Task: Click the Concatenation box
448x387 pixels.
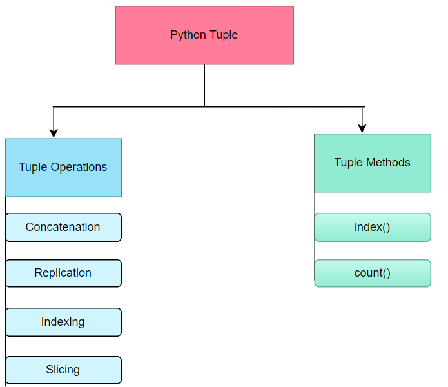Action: tap(63, 227)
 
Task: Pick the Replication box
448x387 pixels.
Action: tap(63, 273)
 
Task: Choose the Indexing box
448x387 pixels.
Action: tap(63, 322)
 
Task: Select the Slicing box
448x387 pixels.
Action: tap(63, 370)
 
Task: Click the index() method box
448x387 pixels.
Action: tap(373, 227)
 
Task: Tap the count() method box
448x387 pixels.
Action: tap(373, 273)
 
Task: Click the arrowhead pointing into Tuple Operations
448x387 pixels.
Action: tap(54, 132)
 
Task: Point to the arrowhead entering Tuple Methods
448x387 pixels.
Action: tap(362, 128)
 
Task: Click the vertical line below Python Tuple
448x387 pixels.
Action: tap(204, 85)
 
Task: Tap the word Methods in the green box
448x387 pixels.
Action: tap(389, 163)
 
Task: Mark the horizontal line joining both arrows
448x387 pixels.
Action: tap(129, 106)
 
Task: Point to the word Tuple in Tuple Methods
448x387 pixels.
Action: tap(349, 163)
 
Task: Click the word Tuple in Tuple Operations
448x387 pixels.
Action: tap(32, 167)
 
